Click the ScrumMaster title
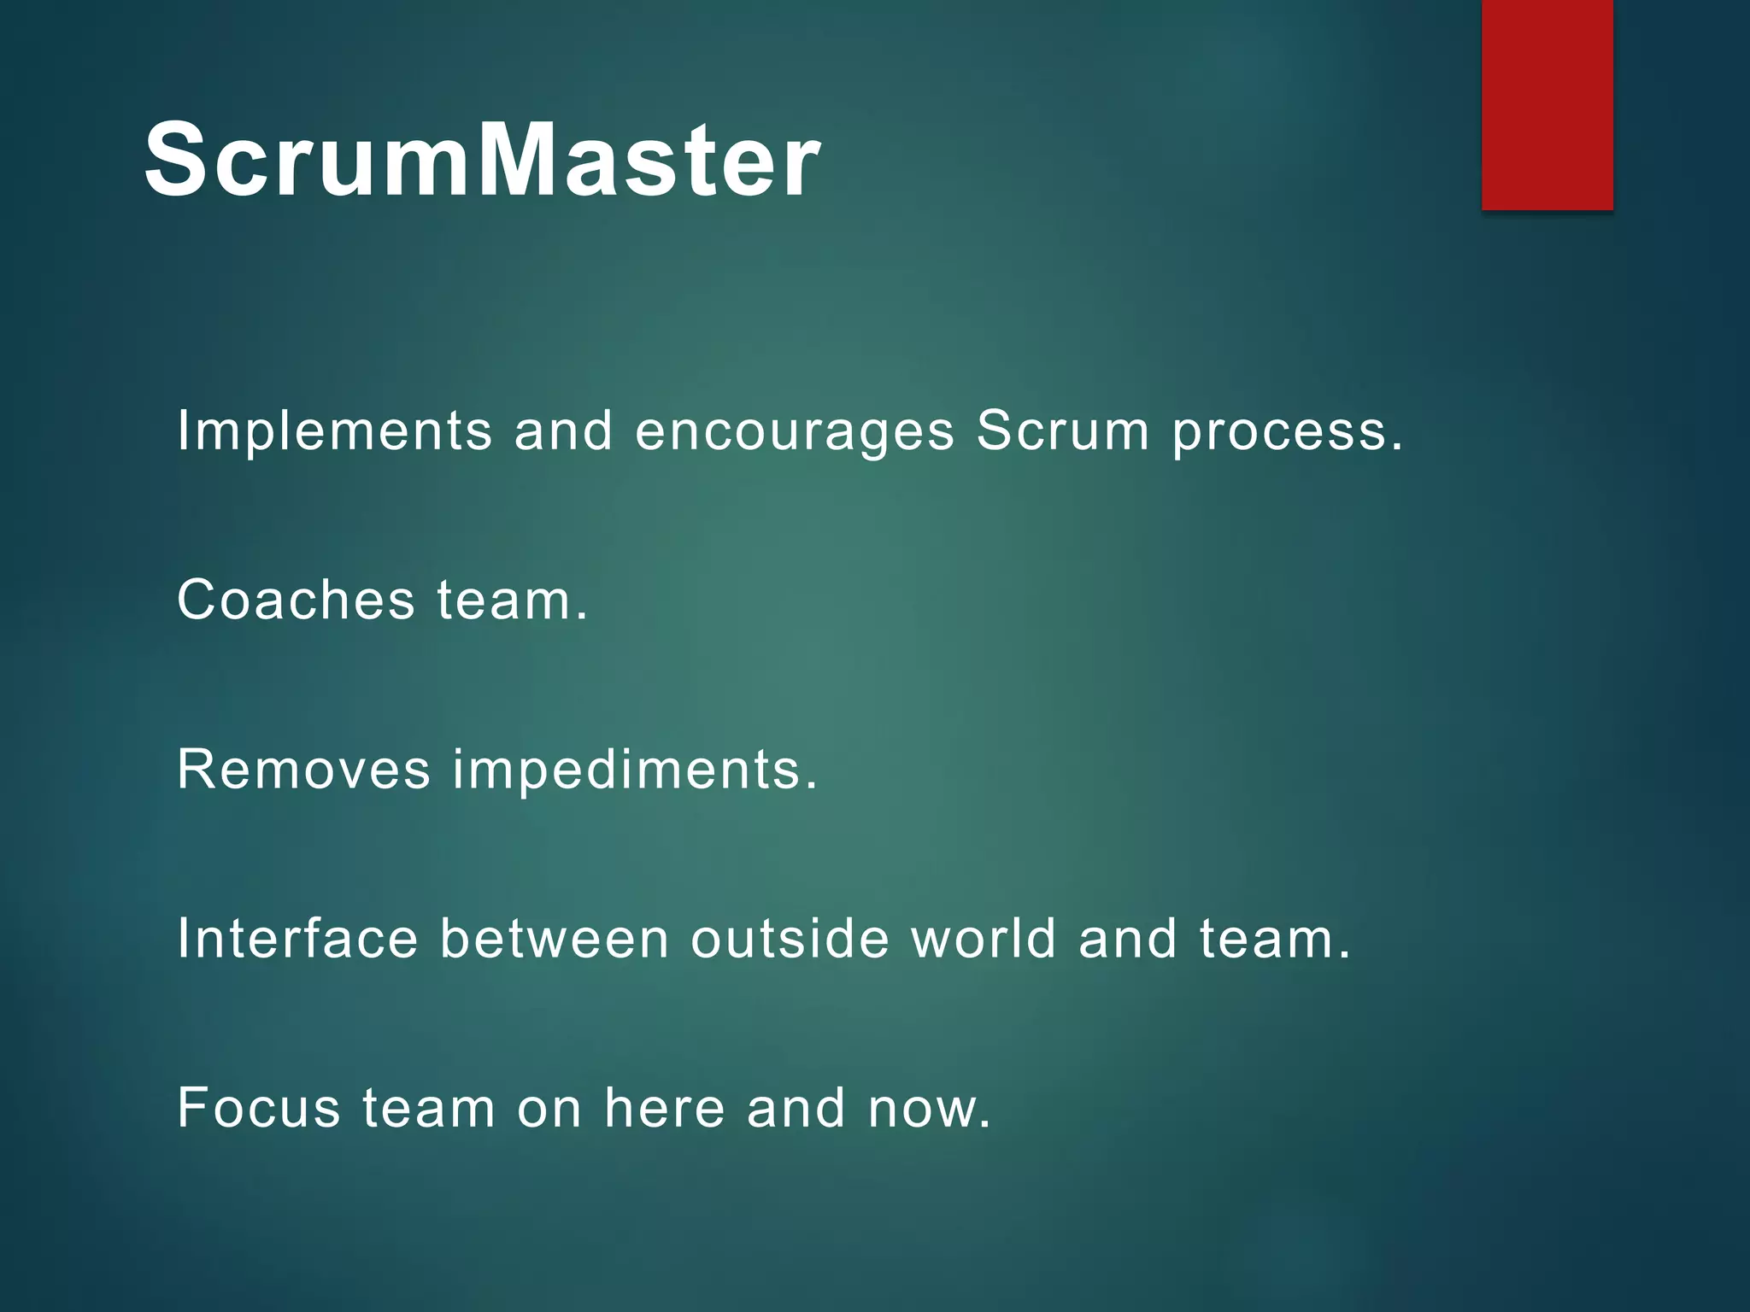(483, 160)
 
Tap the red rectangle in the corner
(1547, 104)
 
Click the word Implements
(334, 430)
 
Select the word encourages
(794, 432)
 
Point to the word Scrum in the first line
(1063, 430)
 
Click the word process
(1287, 432)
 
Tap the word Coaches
(296, 600)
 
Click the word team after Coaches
(512, 600)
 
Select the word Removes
(303, 769)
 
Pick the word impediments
(635, 769)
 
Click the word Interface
(297, 939)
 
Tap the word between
(554, 939)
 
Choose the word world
(984, 939)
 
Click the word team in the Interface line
(1273, 939)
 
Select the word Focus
(259, 1108)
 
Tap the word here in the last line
(665, 1108)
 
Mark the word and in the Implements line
(563, 430)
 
